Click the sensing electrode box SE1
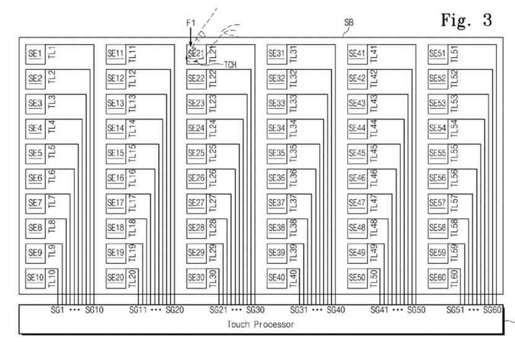35,54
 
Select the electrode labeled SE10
35,278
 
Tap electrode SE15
116,153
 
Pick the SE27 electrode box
196,203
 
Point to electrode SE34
276,128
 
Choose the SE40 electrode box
276,278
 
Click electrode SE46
357,178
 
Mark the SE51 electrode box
438,54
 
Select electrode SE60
438,278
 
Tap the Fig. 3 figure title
466,20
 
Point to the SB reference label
349,23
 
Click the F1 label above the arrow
191,23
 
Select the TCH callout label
230,64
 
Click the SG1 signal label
57,310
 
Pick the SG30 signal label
255,310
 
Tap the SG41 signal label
379,310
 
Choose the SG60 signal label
492,310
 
